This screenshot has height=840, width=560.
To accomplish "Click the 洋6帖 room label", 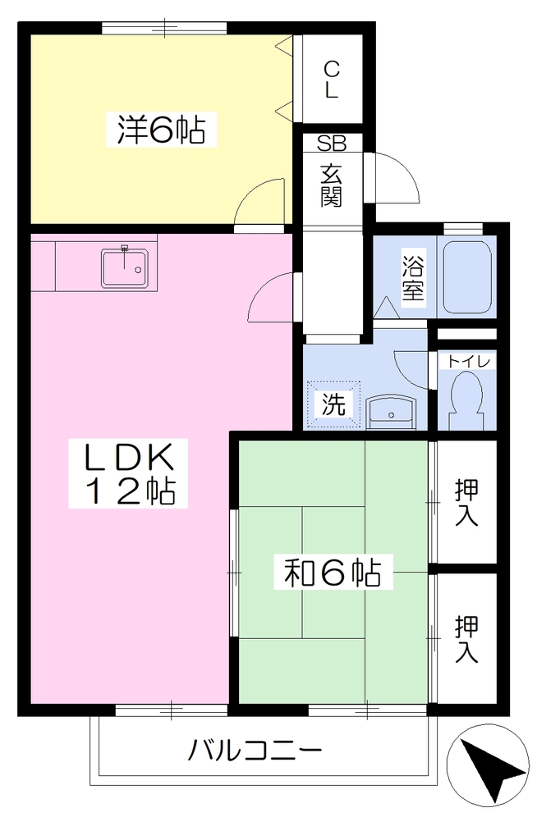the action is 161,130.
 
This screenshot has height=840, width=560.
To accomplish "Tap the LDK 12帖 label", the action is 128,473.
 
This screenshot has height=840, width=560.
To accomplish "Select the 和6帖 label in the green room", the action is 333,572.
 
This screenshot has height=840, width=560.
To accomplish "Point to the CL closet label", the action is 332,80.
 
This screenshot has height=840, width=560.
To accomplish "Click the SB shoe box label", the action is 332,143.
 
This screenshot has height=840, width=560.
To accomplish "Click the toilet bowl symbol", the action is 466,399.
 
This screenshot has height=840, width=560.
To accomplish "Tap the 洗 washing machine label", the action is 333,404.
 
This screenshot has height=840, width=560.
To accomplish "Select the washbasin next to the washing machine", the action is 391,413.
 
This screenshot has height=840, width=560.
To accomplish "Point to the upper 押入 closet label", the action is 466,502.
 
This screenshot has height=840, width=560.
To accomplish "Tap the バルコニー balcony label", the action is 255,751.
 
